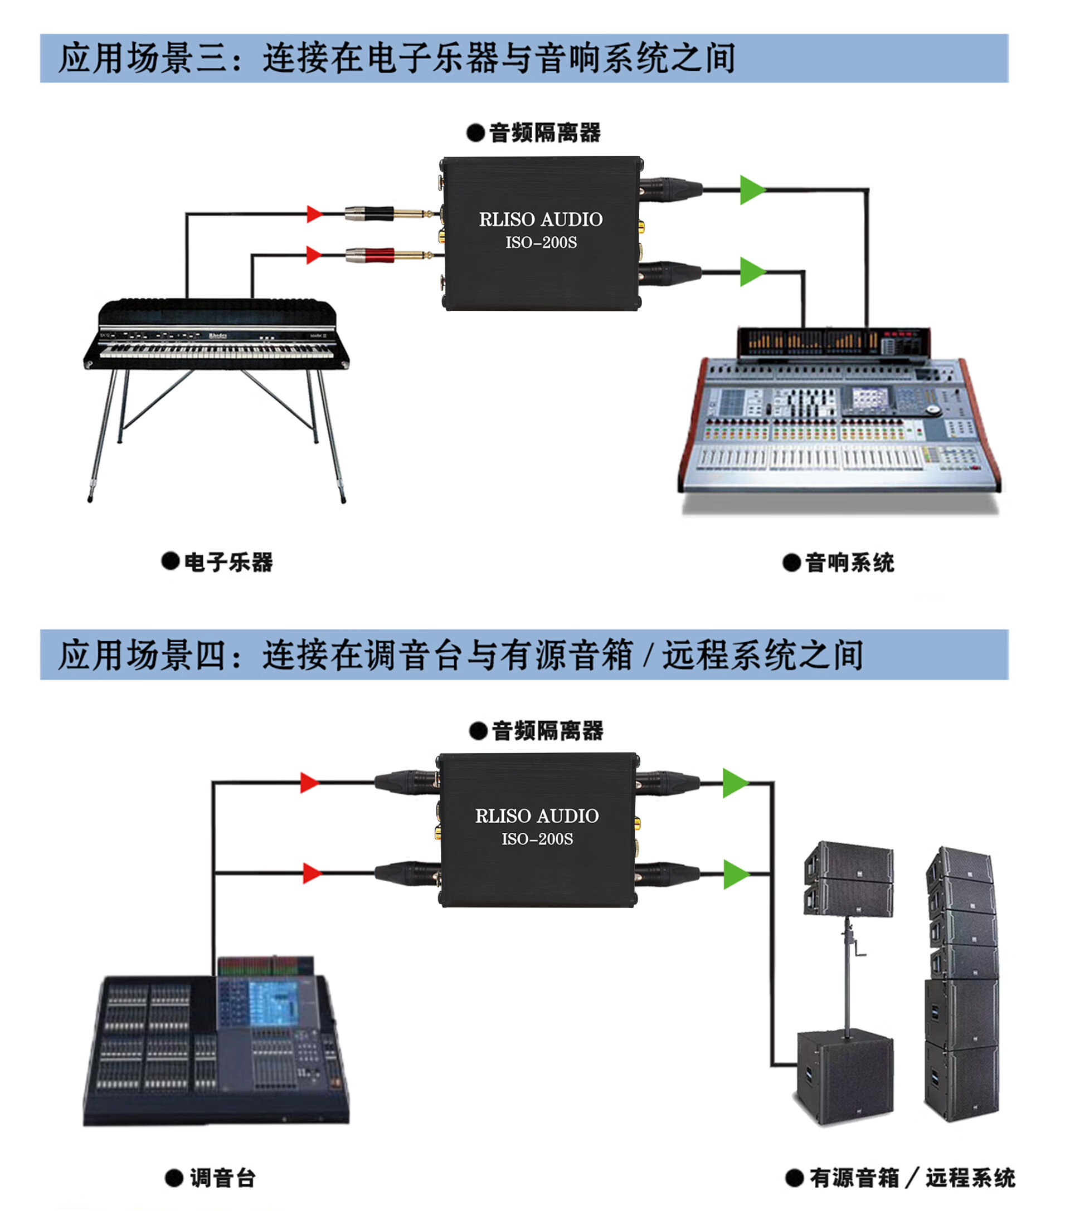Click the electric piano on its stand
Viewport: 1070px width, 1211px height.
(216, 344)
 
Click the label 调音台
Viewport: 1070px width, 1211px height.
(222, 1178)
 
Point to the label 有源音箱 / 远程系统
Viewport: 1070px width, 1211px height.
(911, 1178)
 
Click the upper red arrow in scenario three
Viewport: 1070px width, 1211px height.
(314, 214)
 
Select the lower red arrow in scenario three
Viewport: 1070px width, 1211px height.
(314, 255)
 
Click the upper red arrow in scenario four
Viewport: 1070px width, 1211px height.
(309, 783)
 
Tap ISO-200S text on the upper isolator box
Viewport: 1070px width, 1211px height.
(541, 243)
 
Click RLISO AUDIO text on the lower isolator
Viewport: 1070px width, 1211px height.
(537, 816)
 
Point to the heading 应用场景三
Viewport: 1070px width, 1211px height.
(142, 58)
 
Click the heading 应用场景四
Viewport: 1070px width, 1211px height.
(142, 655)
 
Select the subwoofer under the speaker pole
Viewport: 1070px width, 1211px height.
(845, 1078)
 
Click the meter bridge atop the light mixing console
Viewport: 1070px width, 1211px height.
(833, 342)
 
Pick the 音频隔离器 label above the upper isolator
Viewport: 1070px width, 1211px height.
(544, 133)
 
